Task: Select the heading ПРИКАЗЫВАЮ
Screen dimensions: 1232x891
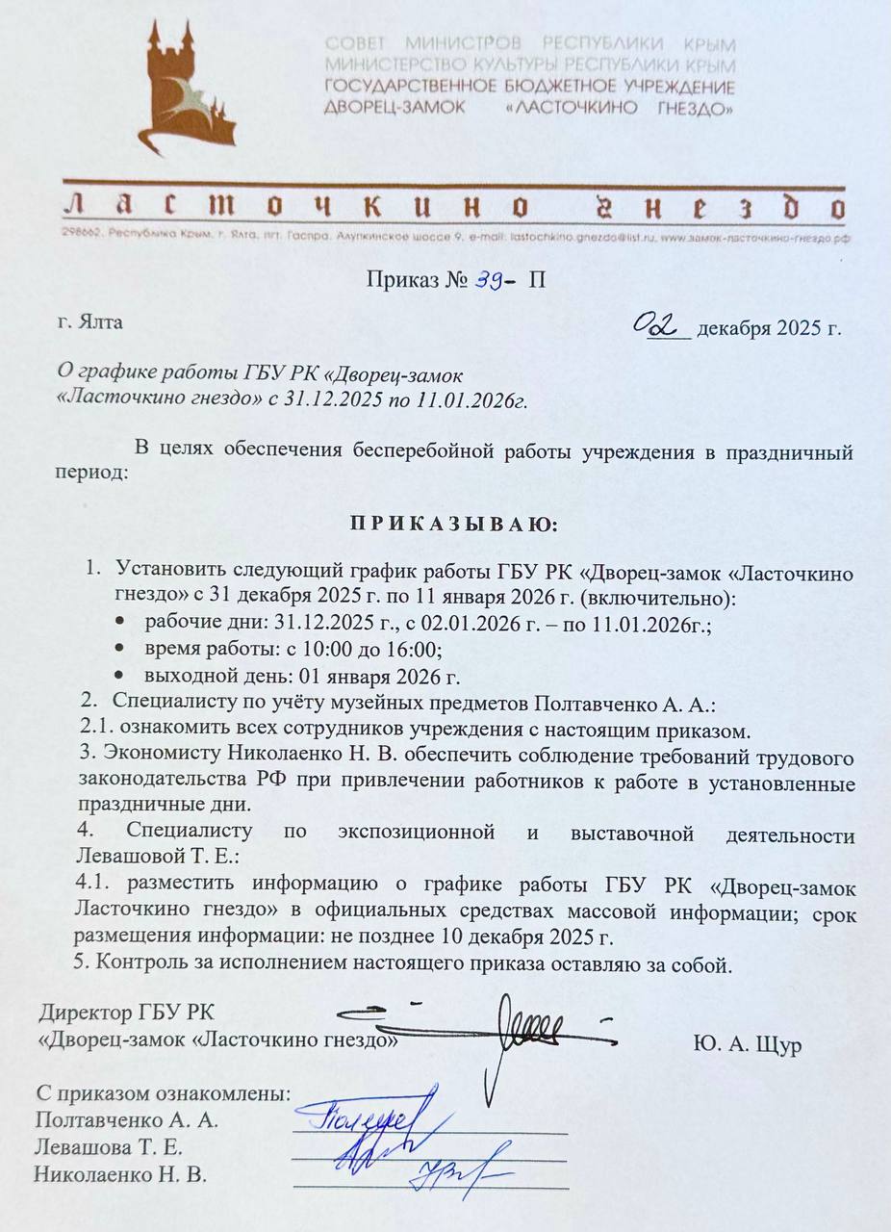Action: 445,526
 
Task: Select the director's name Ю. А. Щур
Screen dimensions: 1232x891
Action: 746,1045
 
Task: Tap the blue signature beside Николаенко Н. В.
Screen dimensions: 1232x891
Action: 452,1174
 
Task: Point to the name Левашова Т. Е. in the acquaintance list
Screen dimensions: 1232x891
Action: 109,1148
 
